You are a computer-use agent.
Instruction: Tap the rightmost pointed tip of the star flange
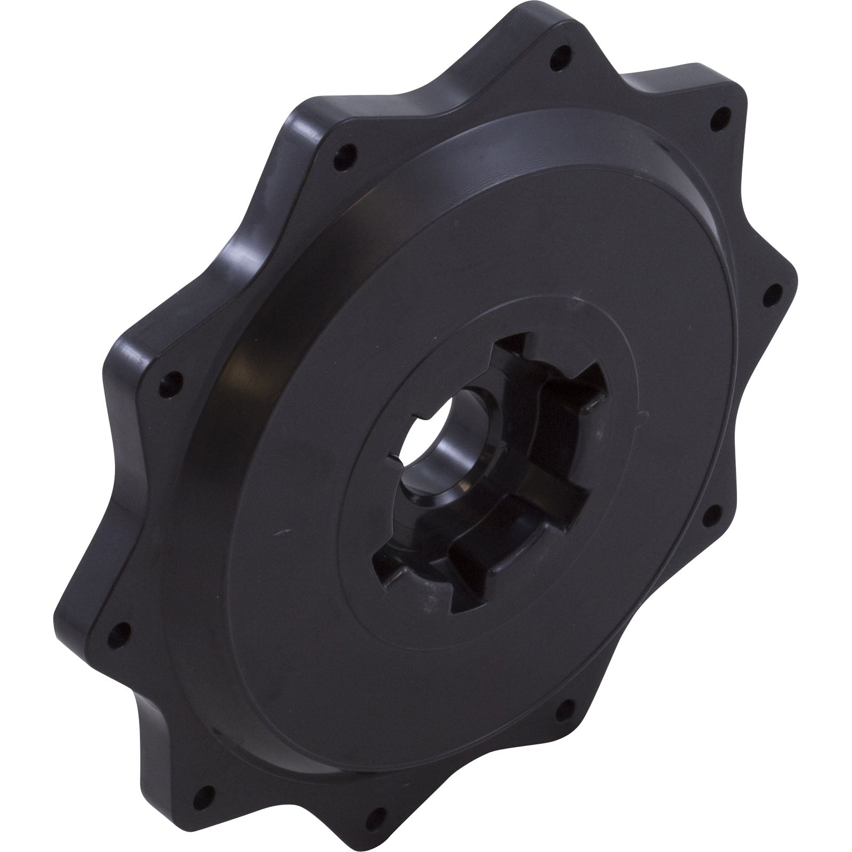click(796, 277)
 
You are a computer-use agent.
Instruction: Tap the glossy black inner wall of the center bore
click(437, 458)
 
